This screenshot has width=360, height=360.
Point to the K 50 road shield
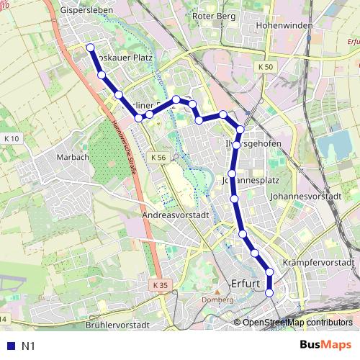[266, 66]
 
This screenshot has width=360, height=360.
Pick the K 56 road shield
[158, 156]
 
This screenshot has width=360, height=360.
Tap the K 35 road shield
[160, 285]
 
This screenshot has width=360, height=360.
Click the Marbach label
[73, 157]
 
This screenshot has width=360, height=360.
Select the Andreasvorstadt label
[175, 215]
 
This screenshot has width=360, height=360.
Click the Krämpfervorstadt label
[320, 263]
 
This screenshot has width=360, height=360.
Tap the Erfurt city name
[246, 283]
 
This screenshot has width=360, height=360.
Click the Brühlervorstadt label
[117, 325]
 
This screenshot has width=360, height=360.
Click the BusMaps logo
[326, 346]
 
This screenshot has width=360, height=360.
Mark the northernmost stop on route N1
[91, 48]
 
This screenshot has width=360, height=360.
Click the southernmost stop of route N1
[269, 293]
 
